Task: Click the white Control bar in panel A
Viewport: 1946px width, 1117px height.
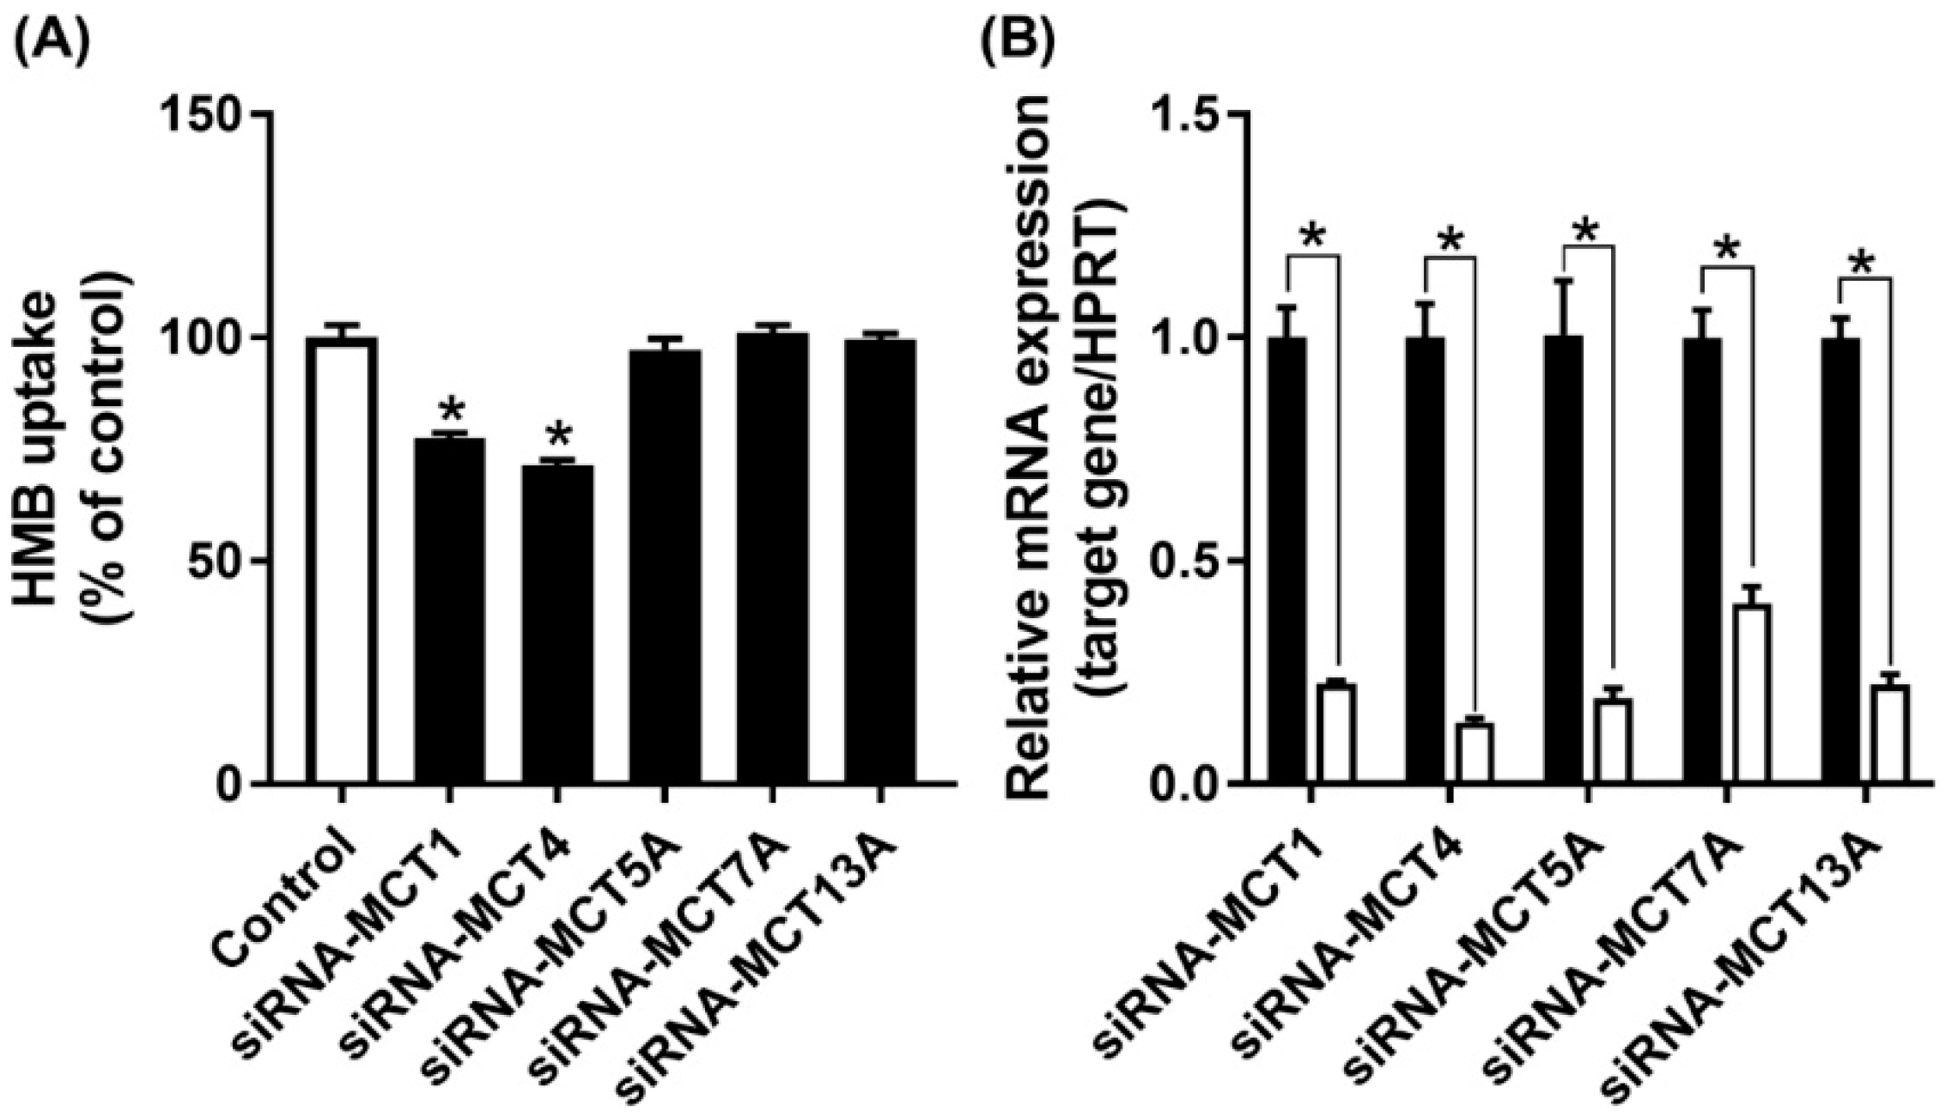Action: pyautogui.click(x=341, y=562)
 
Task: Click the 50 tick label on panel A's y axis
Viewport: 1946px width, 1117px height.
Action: pyautogui.click(x=221, y=561)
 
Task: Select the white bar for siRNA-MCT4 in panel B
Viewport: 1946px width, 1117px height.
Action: pyautogui.click(x=1475, y=754)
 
